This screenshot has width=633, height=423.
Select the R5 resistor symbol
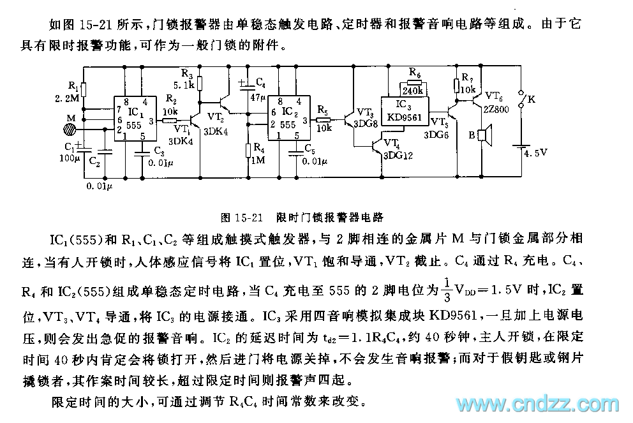click(324, 119)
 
